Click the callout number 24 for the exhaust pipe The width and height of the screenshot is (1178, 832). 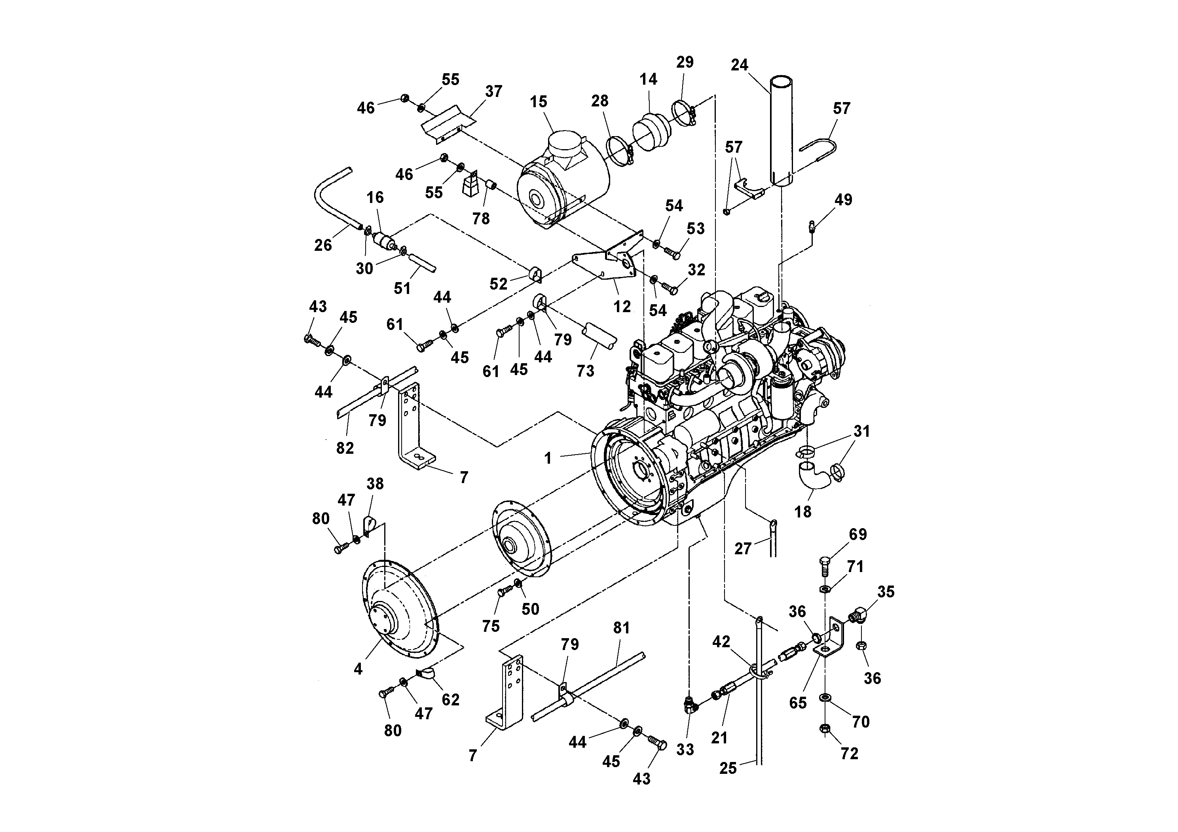click(739, 65)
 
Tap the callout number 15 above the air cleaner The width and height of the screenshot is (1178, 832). click(538, 102)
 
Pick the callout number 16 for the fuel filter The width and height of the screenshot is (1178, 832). click(375, 197)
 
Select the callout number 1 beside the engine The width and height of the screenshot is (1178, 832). click(548, 458)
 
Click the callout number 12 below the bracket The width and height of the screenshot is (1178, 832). click(622, 307)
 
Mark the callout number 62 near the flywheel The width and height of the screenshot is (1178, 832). click(450, 699)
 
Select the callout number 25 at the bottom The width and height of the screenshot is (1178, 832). click(728, 768)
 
